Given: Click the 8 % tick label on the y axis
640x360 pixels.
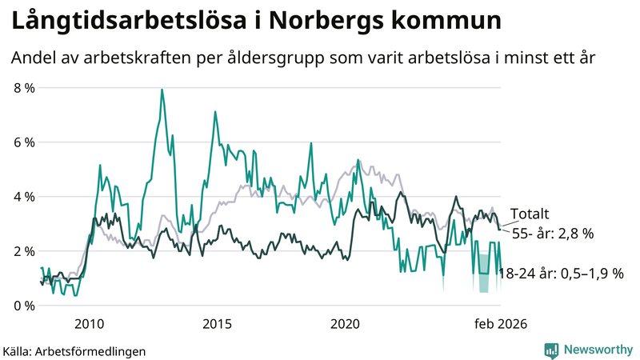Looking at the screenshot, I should [24, 88].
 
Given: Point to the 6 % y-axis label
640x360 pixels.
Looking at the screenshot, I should [24, 142].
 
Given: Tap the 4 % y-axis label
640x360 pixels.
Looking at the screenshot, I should [24, 197].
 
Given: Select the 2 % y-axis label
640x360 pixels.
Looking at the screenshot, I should [24, 251].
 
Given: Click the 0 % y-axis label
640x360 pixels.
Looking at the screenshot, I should [24, 306].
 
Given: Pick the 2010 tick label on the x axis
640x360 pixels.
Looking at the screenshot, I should [89, 324].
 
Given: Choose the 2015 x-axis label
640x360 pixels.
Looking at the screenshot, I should [217, 324].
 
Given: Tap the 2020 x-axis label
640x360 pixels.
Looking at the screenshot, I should [346, 324].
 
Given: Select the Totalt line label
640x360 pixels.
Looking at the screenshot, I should [530, 214].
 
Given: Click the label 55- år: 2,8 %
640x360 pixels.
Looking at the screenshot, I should [553, 234].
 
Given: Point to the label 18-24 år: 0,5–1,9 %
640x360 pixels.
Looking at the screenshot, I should [561, 274].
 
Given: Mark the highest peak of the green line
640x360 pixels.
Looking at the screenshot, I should [162, 90].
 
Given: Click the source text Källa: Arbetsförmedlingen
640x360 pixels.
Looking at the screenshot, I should [74, 350].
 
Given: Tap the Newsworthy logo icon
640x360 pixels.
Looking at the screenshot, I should [551, 350].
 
